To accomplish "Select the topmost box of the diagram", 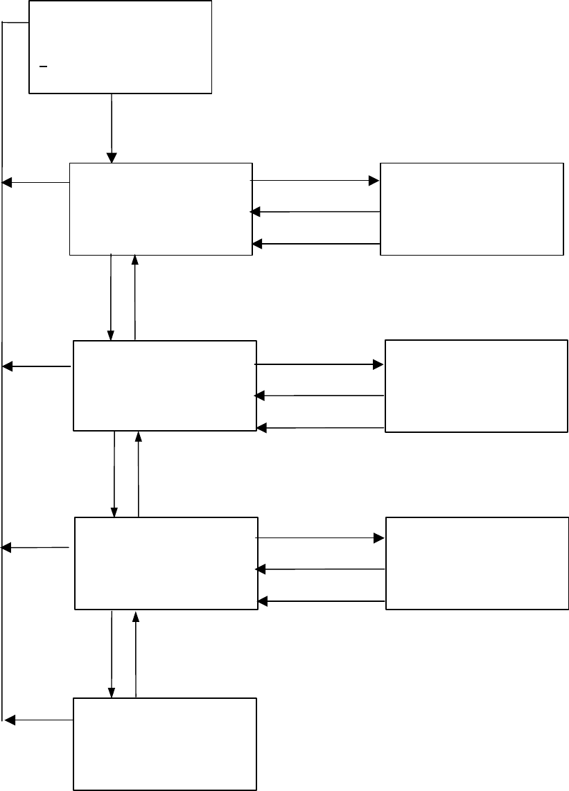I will pos(120,46).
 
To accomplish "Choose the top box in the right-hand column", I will pos(471,209).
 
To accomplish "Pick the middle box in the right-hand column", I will pos(476,386).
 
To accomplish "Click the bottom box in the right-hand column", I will pos(477,563).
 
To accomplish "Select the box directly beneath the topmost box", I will pos(161,209).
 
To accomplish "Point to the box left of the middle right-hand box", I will pos(165,386).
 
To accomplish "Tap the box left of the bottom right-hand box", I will pos(166,563).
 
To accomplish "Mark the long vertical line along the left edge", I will pos(3,416).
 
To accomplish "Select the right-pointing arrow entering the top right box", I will pos(315,181).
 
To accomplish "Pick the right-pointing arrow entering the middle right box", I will pos(319,364).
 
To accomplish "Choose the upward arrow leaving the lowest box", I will pos(136,654).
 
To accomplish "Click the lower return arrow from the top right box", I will pos(316,244).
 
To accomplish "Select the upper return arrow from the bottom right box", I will pos(320,569).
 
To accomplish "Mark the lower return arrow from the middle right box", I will pos(320,428).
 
